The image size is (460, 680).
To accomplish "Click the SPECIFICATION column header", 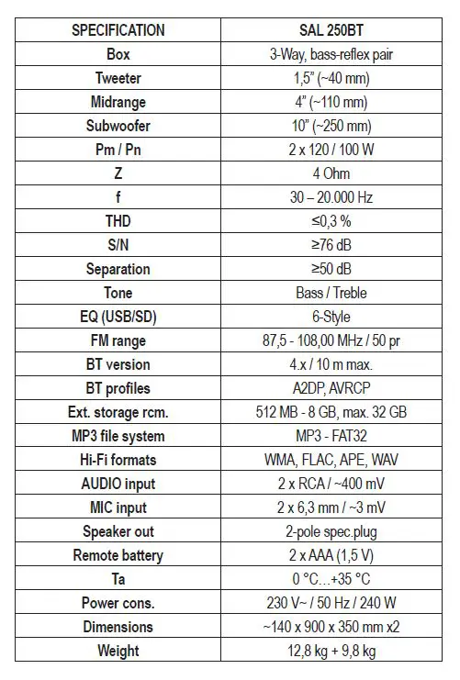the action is click(x=118, y=30).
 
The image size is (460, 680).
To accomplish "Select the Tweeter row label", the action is click(x=118, y=78).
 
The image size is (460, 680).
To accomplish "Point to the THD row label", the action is click(x=118, y=221).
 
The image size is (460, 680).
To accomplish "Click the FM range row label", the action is click(x=118, y=340).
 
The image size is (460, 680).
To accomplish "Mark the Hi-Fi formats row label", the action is click(x=118, y=460).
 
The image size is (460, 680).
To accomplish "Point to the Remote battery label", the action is click(x=118, y=555).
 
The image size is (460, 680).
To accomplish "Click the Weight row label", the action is click(x=118, y=651).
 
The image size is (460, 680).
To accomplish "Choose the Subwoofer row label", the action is click(x=118, y=126).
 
